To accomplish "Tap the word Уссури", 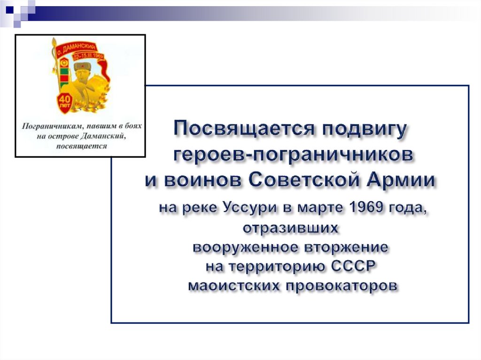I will click(246, 207).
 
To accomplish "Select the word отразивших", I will click(290, 229).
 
